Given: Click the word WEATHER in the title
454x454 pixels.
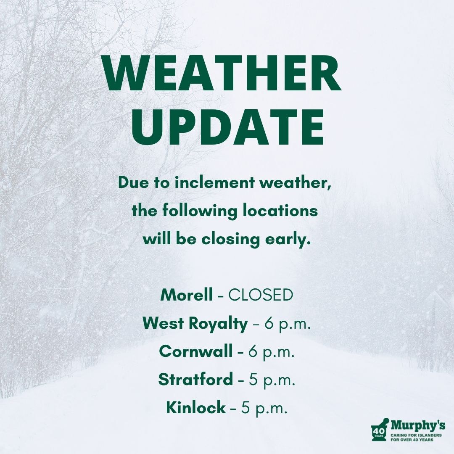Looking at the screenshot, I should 223,76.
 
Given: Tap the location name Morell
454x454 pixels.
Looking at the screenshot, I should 187,295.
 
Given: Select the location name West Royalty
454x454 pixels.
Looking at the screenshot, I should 195,323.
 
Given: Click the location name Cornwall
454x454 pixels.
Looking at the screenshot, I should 196,351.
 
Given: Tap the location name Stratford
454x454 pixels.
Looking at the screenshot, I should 195,380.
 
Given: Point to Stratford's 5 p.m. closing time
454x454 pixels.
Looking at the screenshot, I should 272,380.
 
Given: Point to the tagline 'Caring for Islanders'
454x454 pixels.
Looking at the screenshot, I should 416,436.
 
